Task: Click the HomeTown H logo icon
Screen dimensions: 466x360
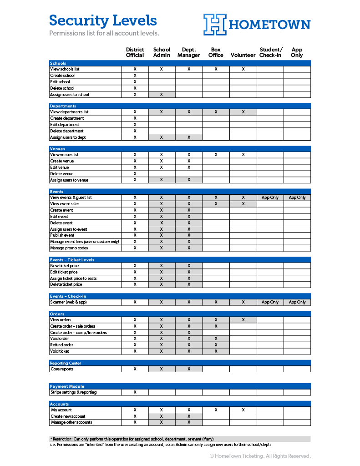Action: (x=215, y=24)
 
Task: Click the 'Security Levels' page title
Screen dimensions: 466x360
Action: (x=103, y=20)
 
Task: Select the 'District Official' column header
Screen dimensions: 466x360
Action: (x=135, y=52)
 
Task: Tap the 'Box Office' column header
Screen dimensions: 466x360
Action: (x=216, y=52)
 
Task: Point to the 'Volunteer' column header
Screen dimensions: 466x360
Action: (x=243, y=55)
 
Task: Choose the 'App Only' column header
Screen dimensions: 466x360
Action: (x=297, y=52)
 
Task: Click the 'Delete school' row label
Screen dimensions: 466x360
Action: (x=62, y=88)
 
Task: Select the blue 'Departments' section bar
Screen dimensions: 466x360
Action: (x=180, y=106)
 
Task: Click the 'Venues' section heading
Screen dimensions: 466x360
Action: (x=58, y=149)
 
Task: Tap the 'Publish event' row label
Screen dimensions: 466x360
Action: (x=62, y=235)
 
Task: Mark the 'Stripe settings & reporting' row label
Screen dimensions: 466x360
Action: (x=73, y=392)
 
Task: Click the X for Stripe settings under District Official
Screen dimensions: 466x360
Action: (x=135, y=392)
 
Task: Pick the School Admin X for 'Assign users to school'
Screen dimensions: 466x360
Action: (x=162, y=95)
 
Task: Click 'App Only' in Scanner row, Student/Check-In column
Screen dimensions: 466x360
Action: (x=270, y=302)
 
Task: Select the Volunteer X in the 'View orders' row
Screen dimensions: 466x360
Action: (x=243, y=320)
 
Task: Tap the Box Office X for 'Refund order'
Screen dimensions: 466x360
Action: (x=216, y=345)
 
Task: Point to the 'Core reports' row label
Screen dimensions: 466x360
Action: (x=62, y=369)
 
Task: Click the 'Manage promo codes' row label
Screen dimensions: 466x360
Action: (x=69, y=248)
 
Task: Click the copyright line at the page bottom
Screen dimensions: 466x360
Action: (x=260, y=456)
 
